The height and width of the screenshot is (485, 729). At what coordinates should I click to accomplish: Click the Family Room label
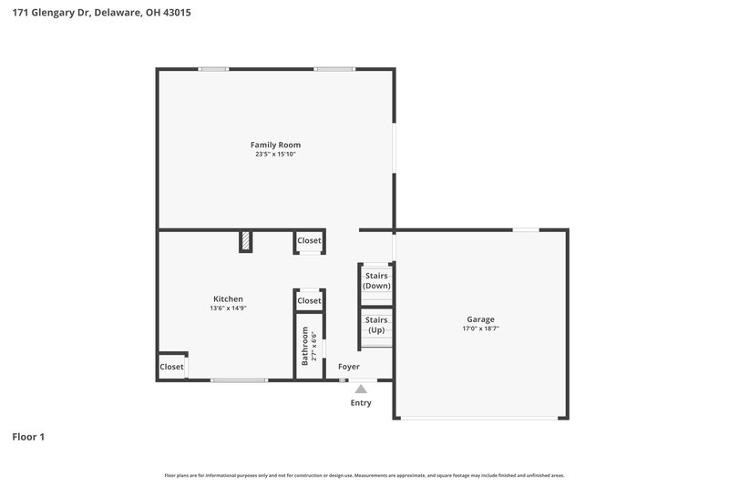[275, 145]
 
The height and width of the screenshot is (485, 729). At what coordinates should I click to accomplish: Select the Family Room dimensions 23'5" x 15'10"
[275, 155]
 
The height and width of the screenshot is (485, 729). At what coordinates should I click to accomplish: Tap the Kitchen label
[228, 298]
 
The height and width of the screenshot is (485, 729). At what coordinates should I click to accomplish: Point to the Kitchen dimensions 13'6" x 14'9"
[228, 308]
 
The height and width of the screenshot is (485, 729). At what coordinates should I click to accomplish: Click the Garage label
[480, 319]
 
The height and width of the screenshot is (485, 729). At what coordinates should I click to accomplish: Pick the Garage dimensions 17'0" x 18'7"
[480, 329]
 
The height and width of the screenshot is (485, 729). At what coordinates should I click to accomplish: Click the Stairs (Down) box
[376, 280]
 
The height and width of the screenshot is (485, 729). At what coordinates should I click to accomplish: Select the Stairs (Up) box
[376, 325]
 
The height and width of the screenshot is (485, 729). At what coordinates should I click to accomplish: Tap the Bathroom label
[305, 346]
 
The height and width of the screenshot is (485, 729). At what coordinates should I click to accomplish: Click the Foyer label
[349, 367]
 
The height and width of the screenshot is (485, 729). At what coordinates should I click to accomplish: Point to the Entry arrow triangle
[361, 389]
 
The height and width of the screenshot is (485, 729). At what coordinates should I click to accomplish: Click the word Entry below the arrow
[361, 402]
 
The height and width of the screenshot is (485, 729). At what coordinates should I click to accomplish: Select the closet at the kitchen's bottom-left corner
[171, 367]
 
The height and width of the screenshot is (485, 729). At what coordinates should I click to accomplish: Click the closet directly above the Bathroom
[309, 300]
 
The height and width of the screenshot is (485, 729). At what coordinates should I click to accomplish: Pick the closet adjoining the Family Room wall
[309, 240]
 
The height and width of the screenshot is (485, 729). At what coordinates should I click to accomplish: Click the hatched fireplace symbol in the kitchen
[246, 240]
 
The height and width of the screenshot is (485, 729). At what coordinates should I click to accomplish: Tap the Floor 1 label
[28, 437]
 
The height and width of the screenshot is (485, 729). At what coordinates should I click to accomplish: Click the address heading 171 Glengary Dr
[101, 14]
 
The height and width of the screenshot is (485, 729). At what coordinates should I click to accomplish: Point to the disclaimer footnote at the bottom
[364, 475]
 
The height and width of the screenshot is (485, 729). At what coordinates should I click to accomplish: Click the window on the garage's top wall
[525, 229]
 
